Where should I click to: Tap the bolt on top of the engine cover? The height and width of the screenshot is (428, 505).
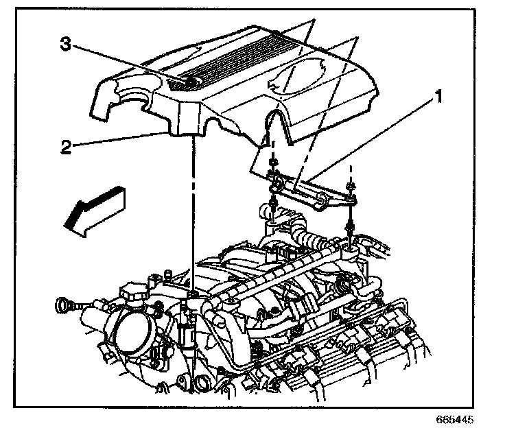click(190, 83)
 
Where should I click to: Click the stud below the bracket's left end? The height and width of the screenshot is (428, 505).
click(273, 205)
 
